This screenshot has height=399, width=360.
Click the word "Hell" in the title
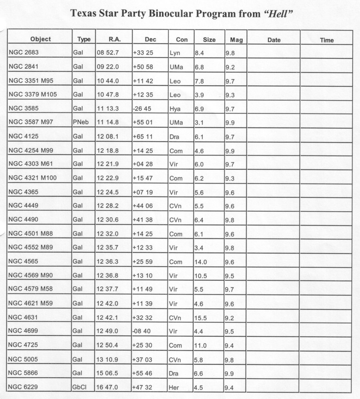pos(278,14)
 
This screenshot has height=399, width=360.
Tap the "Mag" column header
pos(236,40)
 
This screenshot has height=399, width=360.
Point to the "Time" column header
pos(326,40)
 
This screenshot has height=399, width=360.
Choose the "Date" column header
pos(274,40)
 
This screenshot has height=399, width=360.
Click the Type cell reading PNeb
pos(81,123)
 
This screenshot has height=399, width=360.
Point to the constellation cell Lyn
pos(175,53)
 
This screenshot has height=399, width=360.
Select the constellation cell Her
pos(175,387)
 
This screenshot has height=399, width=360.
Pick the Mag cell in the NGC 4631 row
pos(230,318)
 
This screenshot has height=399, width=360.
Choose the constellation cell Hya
pos(175,109)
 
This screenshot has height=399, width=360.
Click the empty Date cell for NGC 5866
pos(274,374)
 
